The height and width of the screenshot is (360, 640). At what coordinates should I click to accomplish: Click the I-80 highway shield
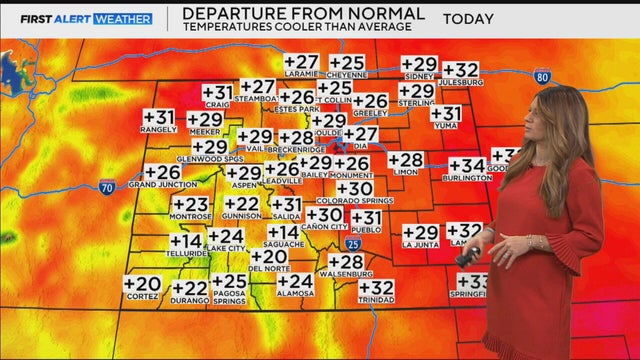click(x=541, y=76)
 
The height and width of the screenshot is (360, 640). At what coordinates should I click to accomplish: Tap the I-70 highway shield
click(x=107, y=185)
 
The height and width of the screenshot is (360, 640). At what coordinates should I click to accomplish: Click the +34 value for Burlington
click(x=466, y=166)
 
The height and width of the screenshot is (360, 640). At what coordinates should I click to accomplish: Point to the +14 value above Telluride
click(x=186, y=242)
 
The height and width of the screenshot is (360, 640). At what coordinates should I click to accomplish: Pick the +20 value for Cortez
click(x=142, y=285)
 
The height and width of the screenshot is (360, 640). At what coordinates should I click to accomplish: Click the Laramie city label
click(x=301, y=73)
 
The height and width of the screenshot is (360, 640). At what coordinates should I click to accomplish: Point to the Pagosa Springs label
click(x=228, y=297)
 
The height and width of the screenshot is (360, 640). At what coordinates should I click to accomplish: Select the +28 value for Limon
click(x=406, y=160)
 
